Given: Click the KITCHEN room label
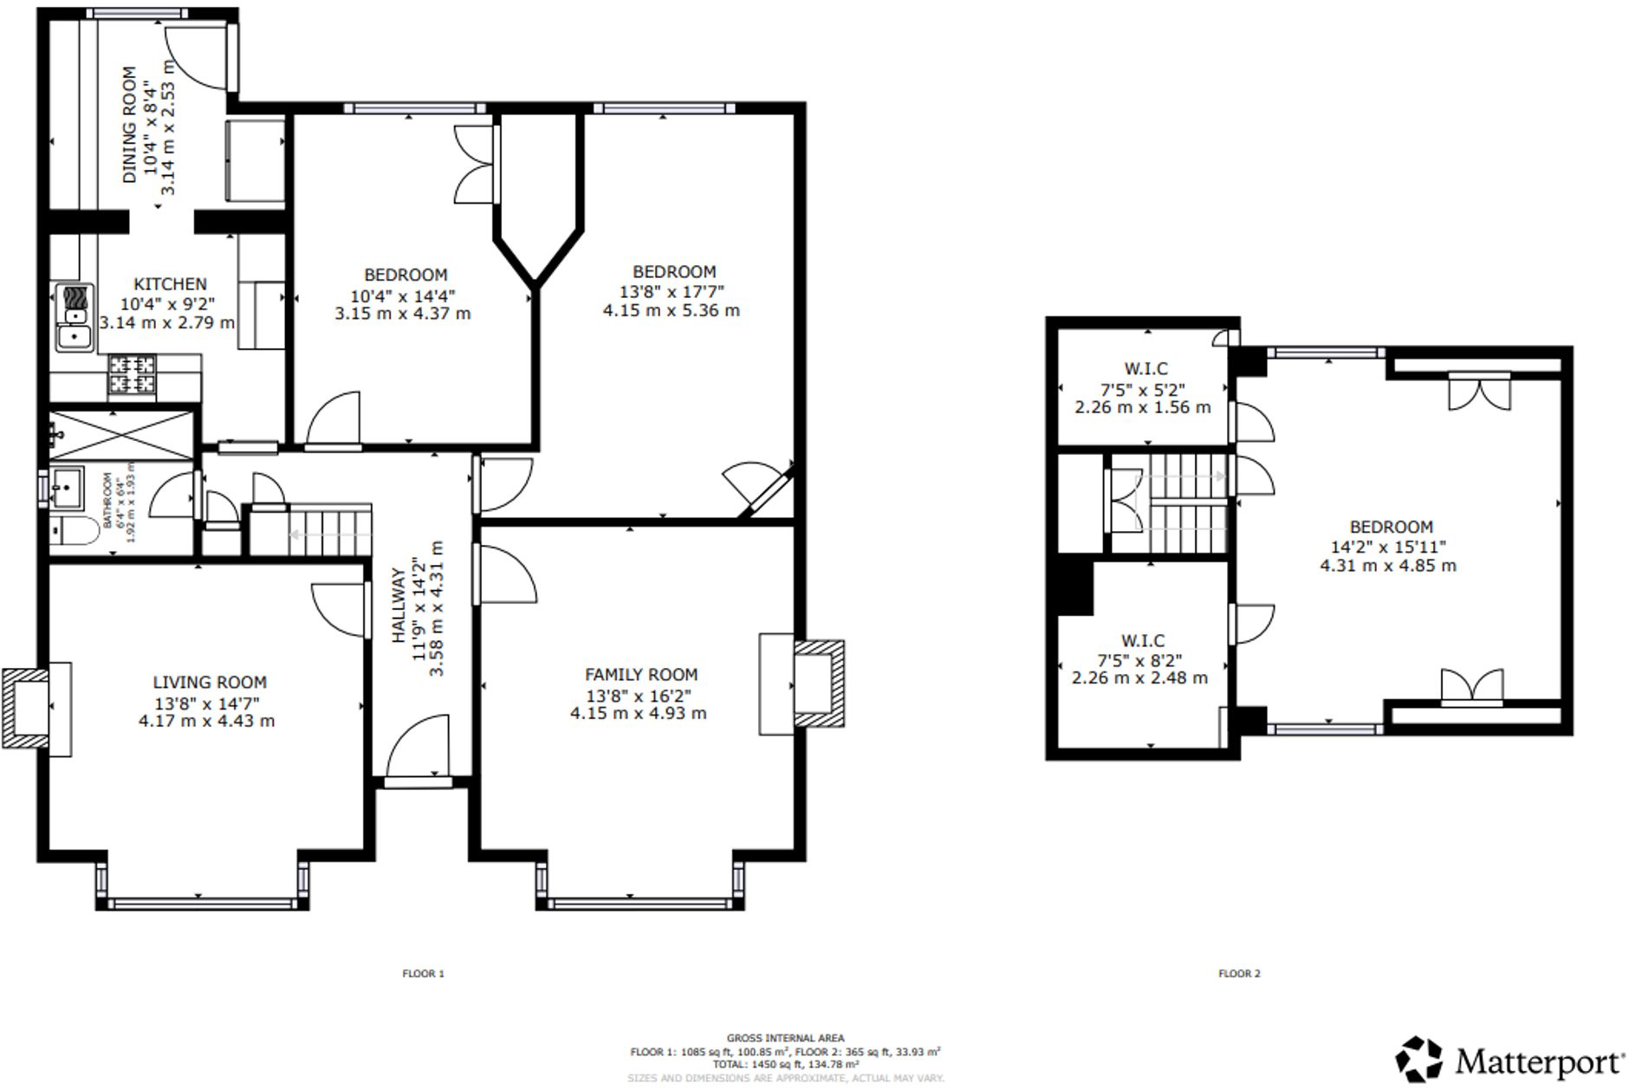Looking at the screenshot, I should pos(170,284).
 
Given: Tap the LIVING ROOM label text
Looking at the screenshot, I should pos(210,683).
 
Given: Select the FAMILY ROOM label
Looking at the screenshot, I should pos(640,675).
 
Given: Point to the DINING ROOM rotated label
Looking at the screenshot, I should pos(130,125).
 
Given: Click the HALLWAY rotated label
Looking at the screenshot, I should pos(399,606).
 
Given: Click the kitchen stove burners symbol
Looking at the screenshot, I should pos(132,374).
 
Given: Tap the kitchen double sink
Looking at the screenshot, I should pos(75,317).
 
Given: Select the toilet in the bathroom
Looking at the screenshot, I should pos(76,530).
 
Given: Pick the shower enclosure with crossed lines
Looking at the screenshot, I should pos(121,435).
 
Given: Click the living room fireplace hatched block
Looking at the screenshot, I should pos(24,708).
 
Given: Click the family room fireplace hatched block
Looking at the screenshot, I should pos(820,683).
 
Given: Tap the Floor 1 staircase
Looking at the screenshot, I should pos(330,531).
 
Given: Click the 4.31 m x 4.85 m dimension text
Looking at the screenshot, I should pos(1387,566).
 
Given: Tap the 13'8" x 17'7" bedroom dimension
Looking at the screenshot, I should pos(672,292).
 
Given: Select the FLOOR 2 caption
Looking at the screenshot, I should pos(1239,974).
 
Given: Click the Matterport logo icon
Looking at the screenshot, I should pos(1418,1059).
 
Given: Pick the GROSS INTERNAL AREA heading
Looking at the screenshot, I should pos(785,1038).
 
